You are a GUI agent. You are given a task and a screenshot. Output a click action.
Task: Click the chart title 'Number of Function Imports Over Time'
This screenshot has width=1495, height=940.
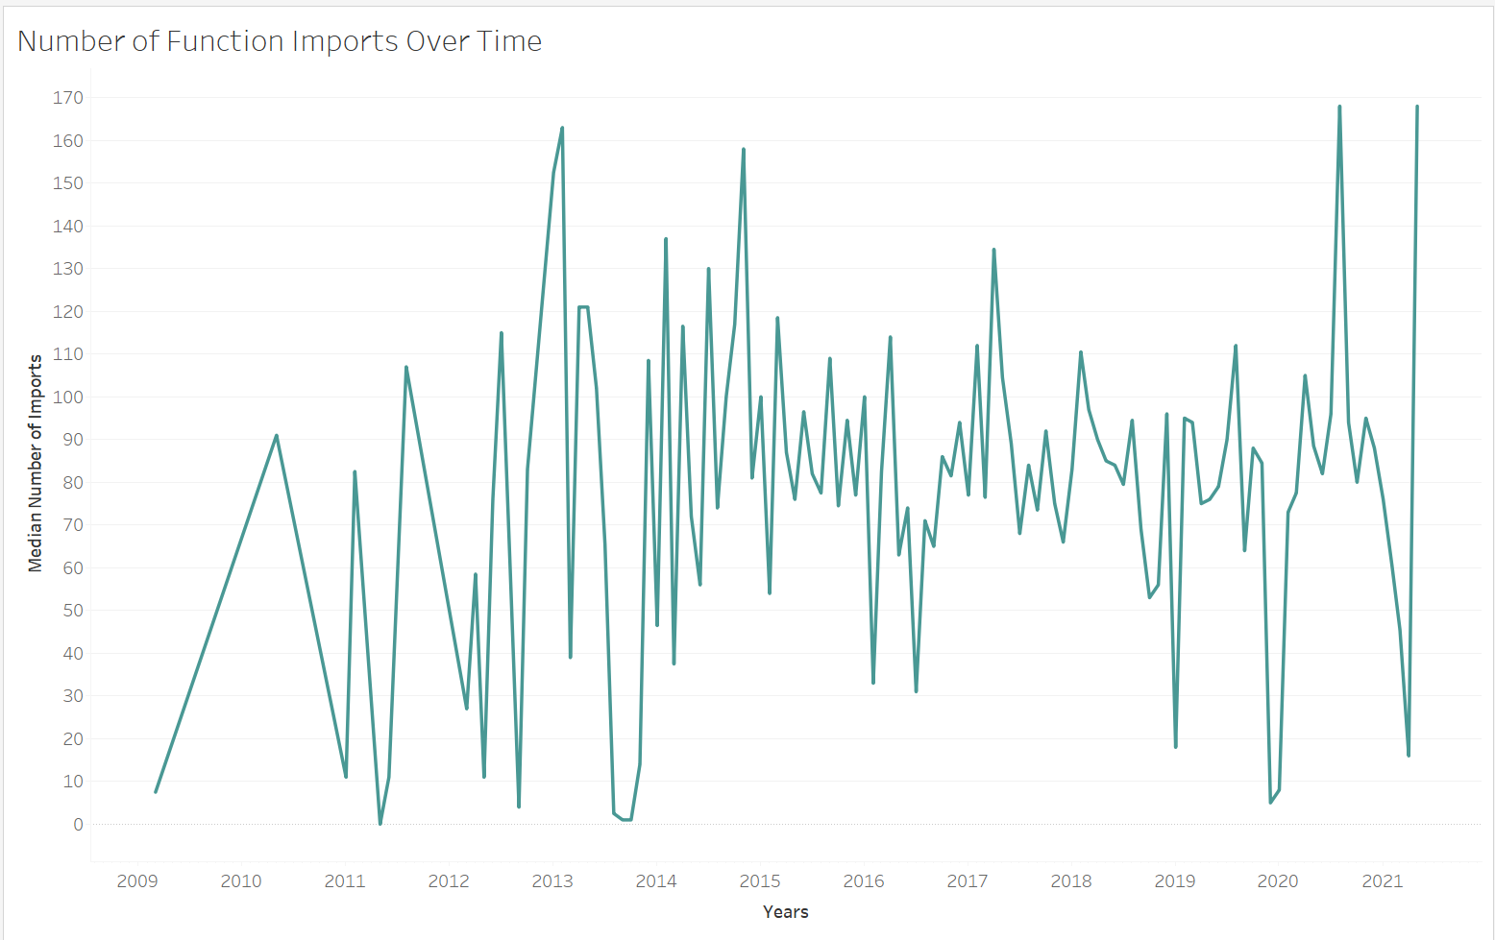click(280, 41)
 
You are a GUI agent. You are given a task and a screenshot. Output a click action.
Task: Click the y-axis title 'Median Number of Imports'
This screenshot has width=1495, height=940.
click(36, 463)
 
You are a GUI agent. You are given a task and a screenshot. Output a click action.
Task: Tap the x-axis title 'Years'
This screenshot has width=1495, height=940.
click(785, 912)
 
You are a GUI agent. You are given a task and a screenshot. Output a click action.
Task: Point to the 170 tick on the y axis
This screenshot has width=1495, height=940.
click(68, 98)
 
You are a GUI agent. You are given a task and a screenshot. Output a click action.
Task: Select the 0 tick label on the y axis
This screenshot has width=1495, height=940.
click(78, 825)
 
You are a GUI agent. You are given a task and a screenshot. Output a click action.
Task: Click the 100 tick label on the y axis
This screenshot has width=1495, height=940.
click(68, 398)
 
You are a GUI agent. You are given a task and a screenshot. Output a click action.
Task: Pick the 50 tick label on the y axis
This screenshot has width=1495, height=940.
click(72, 611)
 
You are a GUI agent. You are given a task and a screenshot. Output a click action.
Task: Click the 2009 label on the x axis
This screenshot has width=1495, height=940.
click(137, 881)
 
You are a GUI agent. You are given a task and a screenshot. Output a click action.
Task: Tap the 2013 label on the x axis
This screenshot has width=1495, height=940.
click(552, 881)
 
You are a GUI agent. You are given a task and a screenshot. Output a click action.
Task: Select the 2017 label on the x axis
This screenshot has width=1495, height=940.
click(968, 881)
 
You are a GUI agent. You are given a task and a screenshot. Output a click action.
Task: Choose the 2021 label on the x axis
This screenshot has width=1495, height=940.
click(1383, 881)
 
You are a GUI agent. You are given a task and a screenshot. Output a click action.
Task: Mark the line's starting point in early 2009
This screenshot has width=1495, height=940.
click(156, 792)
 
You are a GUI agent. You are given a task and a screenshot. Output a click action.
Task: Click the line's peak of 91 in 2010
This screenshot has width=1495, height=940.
click(277, 436)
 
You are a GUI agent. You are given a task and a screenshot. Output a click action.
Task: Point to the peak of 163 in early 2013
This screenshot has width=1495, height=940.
click(562, 128)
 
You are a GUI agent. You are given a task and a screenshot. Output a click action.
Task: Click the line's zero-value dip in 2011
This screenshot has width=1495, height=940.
click(380, 824)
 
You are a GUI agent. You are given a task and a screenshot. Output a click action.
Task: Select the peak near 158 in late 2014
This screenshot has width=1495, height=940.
click(744, 149)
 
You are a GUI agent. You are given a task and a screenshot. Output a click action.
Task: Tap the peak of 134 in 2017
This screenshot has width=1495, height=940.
click(993, 250)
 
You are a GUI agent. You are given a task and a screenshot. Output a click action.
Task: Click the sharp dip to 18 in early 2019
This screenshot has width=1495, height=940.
click(1175, 747)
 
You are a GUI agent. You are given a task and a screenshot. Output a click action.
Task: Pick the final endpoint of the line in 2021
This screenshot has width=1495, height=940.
click(1417, 107)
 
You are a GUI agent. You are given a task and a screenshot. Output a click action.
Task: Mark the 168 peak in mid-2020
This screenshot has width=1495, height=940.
click(1339, 107)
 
